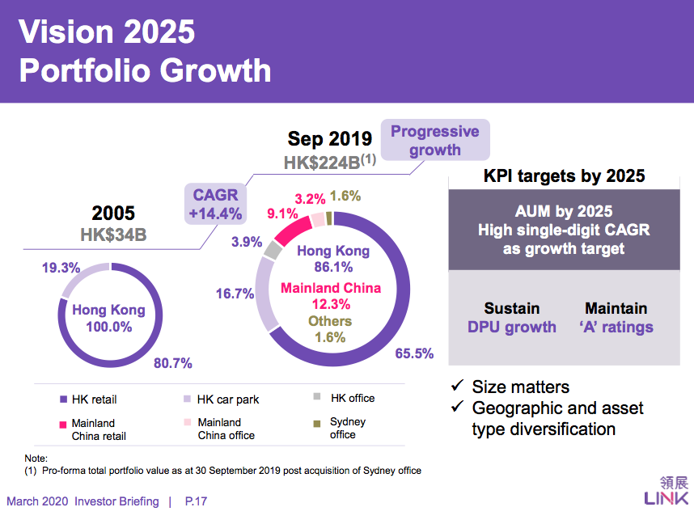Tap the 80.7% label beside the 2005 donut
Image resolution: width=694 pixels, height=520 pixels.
173,363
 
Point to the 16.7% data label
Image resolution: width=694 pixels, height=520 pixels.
235,294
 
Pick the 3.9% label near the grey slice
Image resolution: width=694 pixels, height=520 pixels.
244,242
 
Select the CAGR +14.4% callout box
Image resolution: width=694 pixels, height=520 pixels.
215,205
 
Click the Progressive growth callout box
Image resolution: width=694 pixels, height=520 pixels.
435,141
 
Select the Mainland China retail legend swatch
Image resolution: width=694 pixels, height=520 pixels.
63,424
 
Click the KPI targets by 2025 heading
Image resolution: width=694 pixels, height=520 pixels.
564,175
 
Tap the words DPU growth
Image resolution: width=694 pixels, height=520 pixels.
512,327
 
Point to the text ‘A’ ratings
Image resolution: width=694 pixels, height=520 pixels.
616,327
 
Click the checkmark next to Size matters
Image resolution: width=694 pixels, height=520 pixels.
457,387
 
